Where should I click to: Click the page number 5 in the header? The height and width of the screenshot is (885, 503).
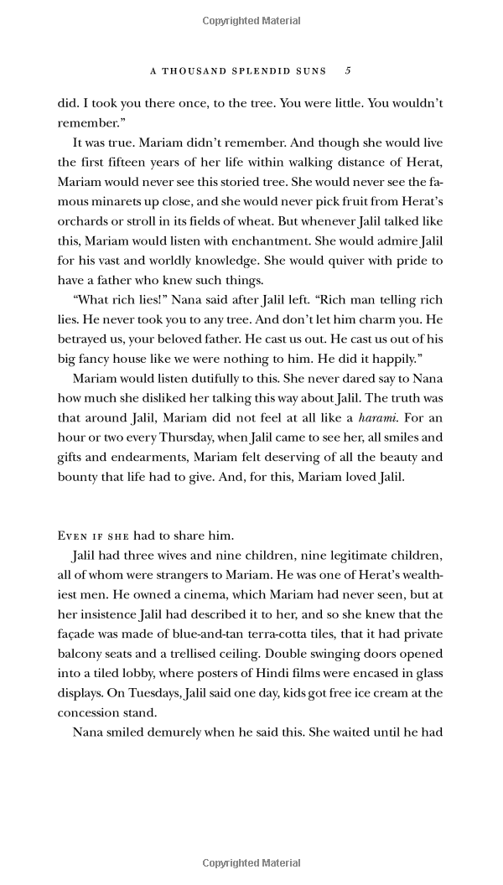(348, 70)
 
